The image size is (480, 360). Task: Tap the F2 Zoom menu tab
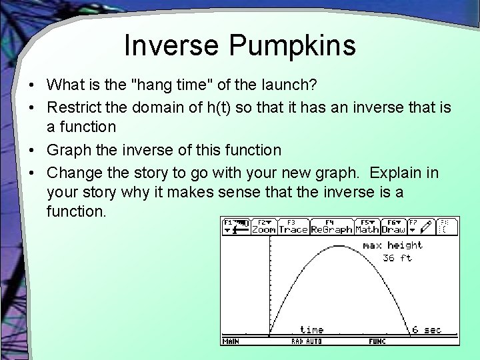click(x=263, y=226)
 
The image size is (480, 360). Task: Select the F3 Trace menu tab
click(x=293, y=226)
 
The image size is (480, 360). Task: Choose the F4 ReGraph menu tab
click(x=331, y=226)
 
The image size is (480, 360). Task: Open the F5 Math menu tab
click(x=367, y=226)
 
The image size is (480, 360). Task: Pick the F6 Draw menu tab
click(x=393, y=226)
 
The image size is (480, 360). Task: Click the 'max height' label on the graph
click(x=392, y=245)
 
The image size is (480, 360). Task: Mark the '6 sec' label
click(x=426, y=329)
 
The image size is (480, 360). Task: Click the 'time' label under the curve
click(x=311, y=329)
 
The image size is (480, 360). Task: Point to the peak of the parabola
click(x=339, y=245)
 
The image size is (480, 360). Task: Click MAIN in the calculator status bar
click(x=231, y=341)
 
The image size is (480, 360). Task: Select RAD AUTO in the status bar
click(x=306, y=341)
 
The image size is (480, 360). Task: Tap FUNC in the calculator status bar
click(x=377, y=341)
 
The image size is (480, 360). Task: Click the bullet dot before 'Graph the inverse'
click(x=31, y=150)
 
